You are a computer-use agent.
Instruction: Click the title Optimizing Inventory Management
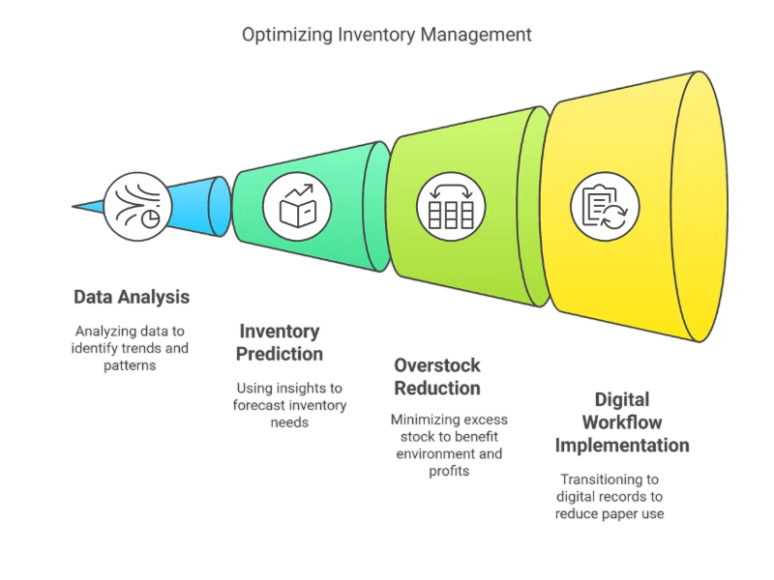tap(386, 36)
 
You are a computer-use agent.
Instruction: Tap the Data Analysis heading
tap(131, 296)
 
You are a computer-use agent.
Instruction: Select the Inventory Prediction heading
tap(280, 342)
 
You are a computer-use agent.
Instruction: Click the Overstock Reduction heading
tap(437, 376)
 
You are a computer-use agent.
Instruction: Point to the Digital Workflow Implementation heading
tap(622, 422)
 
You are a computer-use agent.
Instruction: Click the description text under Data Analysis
tap(130, 348)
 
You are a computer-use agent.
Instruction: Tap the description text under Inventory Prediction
tap(291, 405)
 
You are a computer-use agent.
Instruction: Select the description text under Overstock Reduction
tap(448, 446)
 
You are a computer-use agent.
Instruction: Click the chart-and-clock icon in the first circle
tap(134, 206)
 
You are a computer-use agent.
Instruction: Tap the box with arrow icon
tap(296, 206)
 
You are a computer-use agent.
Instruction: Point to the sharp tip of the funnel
tap(75, 206)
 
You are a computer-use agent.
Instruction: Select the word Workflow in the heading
tap(622, 422)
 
